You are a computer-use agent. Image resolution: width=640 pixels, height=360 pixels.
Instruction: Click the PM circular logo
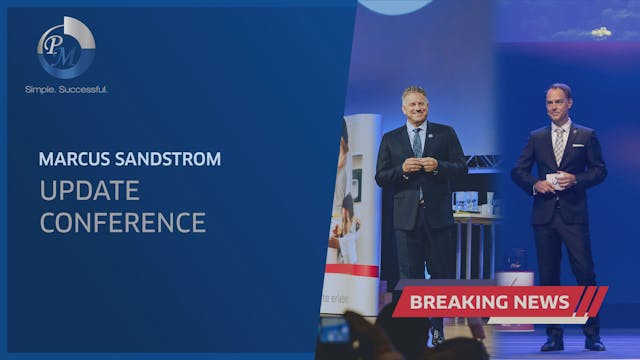tap(66, 47)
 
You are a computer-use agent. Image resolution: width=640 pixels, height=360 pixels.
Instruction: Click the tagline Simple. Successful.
tap(66, 90)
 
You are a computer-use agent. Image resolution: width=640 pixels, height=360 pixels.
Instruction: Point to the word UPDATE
tap(90, 190)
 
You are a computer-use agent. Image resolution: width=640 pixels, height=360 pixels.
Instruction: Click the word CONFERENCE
tap(123, 221)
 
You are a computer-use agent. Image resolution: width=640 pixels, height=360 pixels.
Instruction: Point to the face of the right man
tap(558, 104)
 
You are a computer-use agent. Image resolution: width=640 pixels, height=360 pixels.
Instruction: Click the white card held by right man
tap(552, 179)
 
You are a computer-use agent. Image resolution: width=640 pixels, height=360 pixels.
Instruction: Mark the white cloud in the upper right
tap(600, 32)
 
